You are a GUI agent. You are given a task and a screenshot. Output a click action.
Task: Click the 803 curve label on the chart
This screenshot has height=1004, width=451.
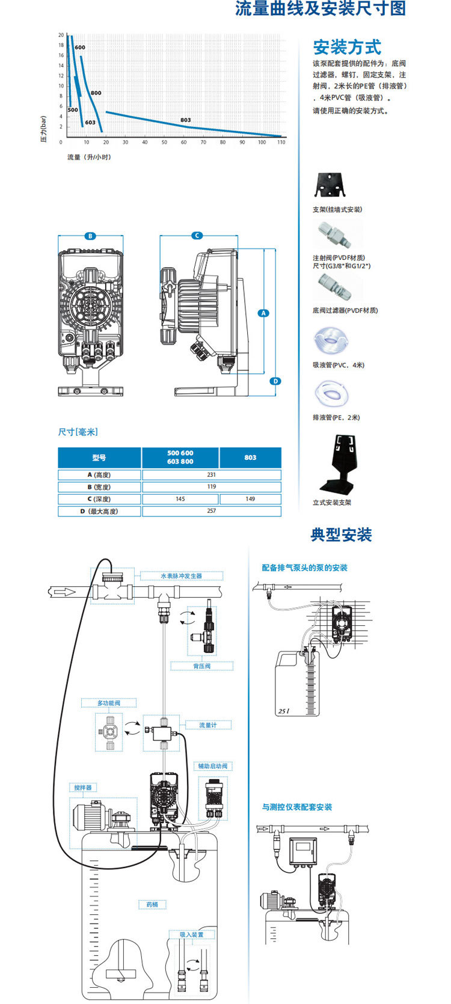[185, 120]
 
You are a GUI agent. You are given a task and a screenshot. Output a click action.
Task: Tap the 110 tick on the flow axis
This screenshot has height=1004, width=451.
[281, 142]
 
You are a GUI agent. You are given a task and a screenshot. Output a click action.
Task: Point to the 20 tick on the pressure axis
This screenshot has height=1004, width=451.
[61, 35]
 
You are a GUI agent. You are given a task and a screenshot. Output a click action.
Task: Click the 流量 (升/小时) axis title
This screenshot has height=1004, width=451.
[89, 158]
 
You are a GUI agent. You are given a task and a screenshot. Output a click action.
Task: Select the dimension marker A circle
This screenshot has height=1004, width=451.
[263, 313]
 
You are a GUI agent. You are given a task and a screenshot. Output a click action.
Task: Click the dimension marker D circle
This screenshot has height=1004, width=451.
[275, 381]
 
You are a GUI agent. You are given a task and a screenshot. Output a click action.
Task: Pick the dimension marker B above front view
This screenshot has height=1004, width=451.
[90, 236]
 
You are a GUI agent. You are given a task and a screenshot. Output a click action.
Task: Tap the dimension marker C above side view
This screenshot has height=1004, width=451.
[197, 236]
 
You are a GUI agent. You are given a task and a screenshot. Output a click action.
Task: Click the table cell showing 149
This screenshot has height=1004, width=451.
[250, 499]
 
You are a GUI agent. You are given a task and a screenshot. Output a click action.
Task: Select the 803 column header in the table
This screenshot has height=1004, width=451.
[250, 458]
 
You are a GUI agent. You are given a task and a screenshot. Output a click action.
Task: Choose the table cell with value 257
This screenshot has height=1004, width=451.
[211, 511]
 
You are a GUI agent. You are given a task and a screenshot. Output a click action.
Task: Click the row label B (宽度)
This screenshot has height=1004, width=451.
[99, 487]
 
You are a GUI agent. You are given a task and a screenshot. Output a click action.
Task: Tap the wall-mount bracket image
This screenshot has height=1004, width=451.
[330, 185]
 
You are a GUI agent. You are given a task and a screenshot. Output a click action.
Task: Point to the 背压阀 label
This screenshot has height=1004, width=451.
[201, 666]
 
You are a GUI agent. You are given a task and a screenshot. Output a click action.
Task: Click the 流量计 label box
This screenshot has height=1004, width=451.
[207, 725]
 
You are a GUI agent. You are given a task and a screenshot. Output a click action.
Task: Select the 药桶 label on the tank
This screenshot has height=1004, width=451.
[152, 904]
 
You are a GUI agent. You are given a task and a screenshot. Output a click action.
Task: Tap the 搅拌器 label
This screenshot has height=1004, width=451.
[83, 788]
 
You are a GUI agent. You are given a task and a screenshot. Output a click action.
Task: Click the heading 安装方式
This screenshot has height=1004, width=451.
[347, 47]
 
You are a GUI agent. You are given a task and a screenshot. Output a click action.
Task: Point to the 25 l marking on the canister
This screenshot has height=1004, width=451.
[284, 711]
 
